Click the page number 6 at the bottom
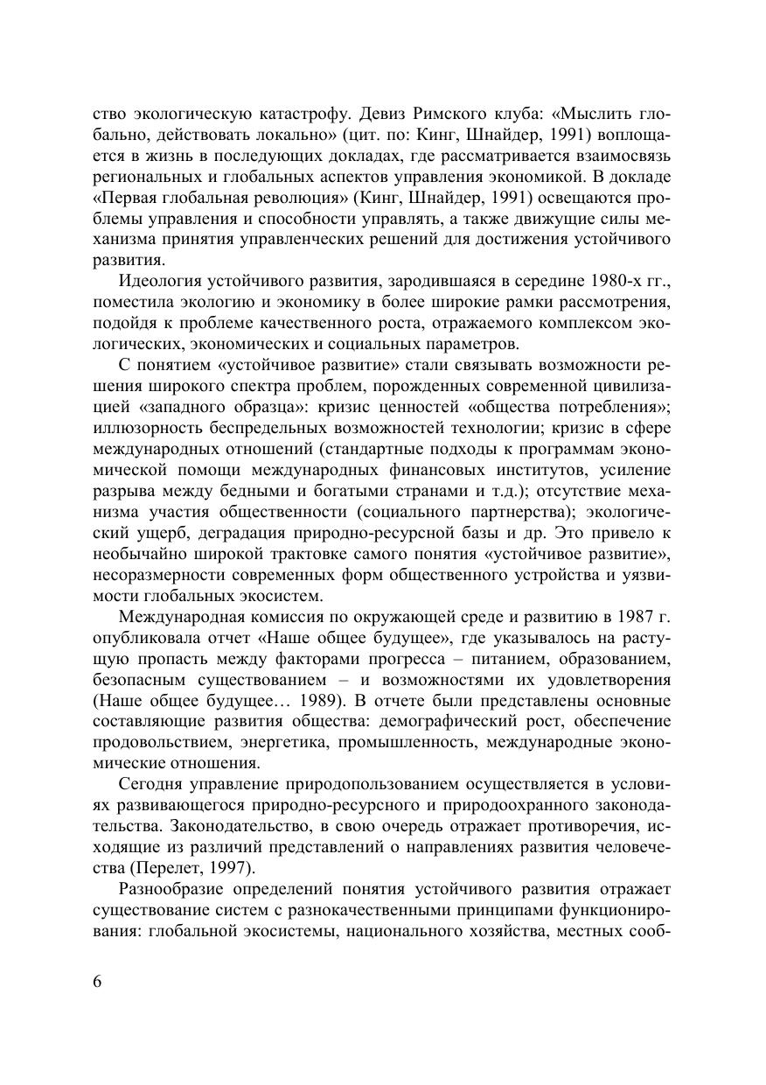pyautogui.click(x=97, y=981)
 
